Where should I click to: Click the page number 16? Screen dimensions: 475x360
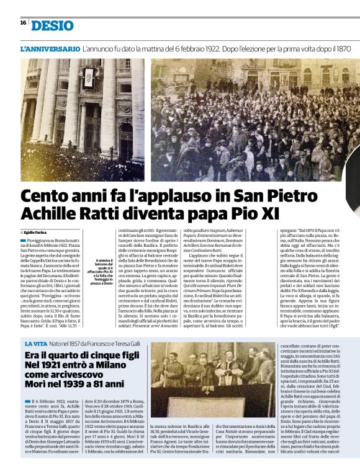(x=23, y=23)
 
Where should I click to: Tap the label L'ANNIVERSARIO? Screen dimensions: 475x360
(x=50, y=48)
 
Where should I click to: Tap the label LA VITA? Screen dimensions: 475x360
(x=35, y=344)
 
